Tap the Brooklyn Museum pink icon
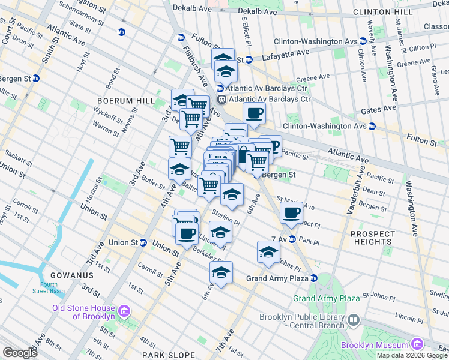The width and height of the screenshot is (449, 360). click(x=416, y=345)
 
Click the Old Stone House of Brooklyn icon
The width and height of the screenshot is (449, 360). click(x=124, y=311)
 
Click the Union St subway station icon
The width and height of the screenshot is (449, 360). click(x=143, y=243)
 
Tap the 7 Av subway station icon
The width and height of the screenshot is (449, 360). click(x=291, y=239)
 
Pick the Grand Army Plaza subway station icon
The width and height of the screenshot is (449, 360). click(x=314, y=278)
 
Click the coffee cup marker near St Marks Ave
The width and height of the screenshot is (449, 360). click(x=292, y=212)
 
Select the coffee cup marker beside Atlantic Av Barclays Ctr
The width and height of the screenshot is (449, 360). click(x=254, y=112)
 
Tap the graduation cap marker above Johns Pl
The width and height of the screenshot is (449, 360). click(x=268, y=252)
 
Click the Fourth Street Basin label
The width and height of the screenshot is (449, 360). click(x=53, y=288)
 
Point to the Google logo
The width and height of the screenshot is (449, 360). click(x=19, y=353)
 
